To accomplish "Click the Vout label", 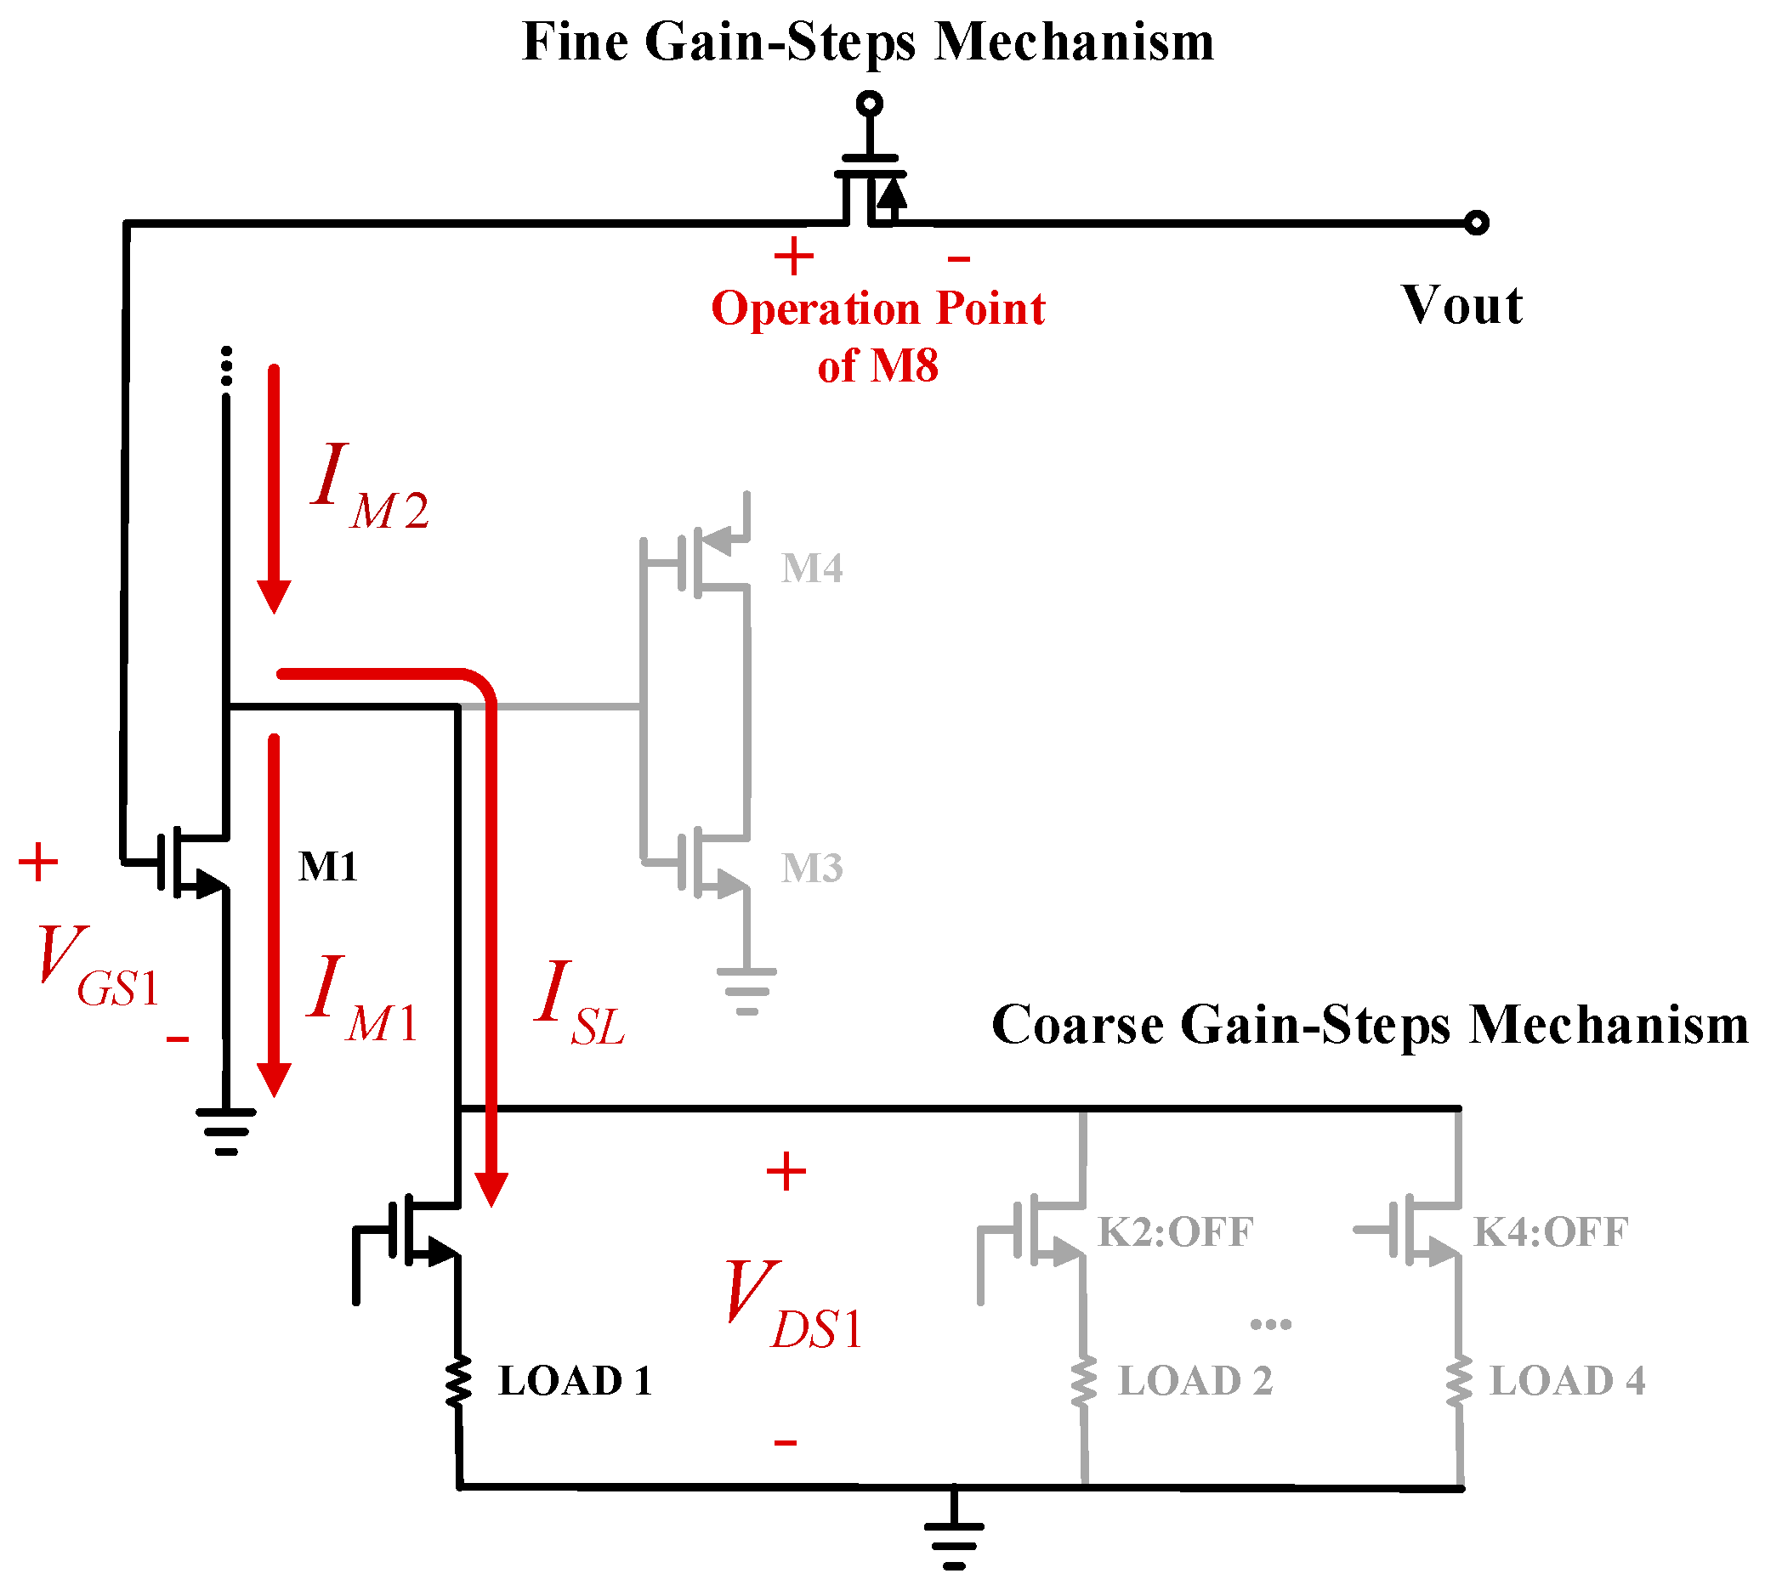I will pos(1461,306).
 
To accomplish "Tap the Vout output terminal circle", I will pos(1476,224).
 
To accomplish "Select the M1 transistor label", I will pos(328,866).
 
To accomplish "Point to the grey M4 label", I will pos(812,568).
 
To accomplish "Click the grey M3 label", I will pos(812,868).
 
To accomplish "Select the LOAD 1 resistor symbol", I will pos(458,1382).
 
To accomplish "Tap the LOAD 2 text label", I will pos(1195,1381).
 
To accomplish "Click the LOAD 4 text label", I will pos(1567,1381).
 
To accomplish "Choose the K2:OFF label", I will pos(1175,1232).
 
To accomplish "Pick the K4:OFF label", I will pos(1551,1232).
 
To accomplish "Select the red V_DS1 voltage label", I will pos(793,1304).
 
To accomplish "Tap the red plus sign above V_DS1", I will pos(786,1172).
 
